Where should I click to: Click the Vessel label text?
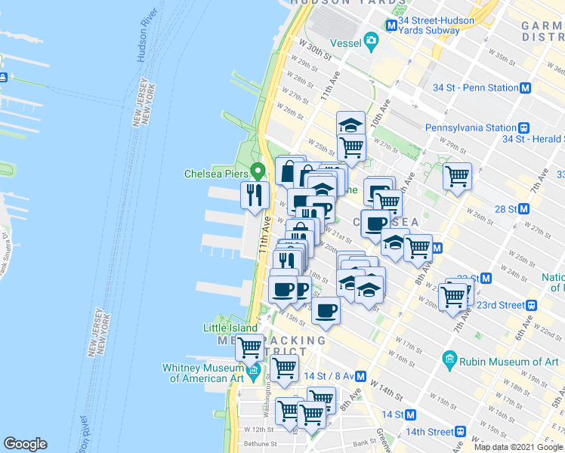coord(341,44)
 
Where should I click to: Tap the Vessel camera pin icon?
coord(371,40)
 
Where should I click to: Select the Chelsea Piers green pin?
coord(257,172)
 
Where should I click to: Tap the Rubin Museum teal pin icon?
coord(451,358)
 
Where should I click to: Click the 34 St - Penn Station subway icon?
coord(526,88)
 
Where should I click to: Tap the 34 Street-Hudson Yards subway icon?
coord(391,25)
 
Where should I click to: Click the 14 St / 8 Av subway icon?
coord(361,376)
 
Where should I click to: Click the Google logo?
coord(25,444)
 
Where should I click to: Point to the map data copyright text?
coord(519,447)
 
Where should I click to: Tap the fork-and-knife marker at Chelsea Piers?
coord(255,195)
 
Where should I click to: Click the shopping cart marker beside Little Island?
coord(249,347)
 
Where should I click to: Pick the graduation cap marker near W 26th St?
coord(350,125)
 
